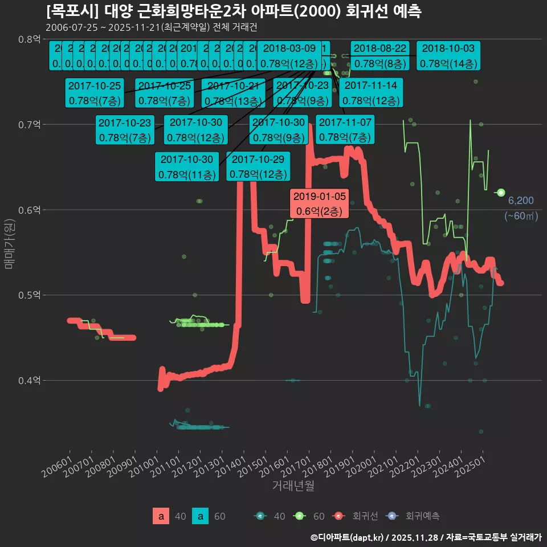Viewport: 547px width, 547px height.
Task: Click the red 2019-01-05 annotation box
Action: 319,203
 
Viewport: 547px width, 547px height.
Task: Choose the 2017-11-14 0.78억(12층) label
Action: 371,93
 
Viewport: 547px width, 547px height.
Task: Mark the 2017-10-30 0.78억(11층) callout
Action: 187,166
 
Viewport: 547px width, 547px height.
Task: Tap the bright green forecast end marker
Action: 501,193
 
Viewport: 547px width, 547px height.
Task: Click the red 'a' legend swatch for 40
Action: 161,516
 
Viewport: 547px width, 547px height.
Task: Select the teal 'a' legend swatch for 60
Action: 200,516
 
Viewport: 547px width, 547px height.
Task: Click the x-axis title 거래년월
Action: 293,485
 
